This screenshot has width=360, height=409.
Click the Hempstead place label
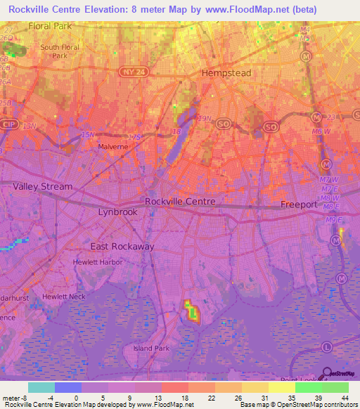tap(227, 72)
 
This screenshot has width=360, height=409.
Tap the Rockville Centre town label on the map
tap(180, 201)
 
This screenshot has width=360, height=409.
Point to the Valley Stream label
tap(42, 186)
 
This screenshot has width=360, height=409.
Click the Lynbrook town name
tap(117, 212)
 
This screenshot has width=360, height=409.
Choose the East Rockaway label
tap(122, 247)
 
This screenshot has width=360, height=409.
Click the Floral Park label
tap(51, 26)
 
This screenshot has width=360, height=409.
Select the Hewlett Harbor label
tap(98, 262)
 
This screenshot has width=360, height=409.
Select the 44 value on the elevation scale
tap(344, 397)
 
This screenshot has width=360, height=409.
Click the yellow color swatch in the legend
tap(282, 387)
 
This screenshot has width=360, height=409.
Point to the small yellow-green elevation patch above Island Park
tap(191, 309)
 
